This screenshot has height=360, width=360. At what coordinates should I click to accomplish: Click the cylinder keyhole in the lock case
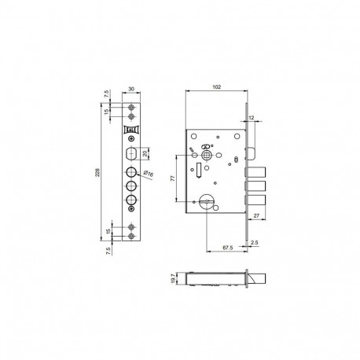(x=208, y=202)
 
